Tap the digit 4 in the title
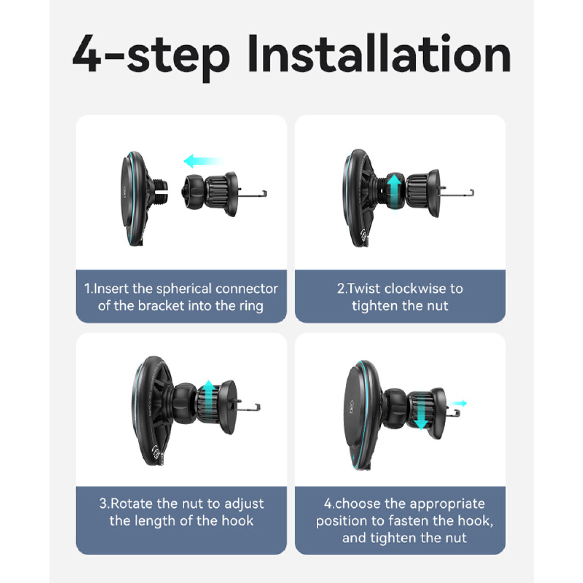pos(87,54)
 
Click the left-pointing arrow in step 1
pos(205,161)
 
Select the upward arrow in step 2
pos(394,190)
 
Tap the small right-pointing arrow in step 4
pos(458,403)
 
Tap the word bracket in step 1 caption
pos(161,306)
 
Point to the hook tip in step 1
pos(265,193)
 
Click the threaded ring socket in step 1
pos(158,191)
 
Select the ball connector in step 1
pos(193,191)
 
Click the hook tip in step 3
pos(258,407)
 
